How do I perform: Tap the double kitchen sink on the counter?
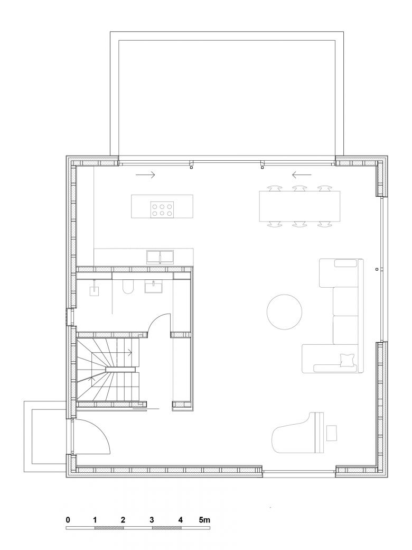[160, 256]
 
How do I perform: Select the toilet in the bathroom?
[128, 286]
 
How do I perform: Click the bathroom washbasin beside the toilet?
[154, 286]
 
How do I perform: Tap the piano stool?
[331, 433]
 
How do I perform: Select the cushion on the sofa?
[347, 360]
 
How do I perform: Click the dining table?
[299, 206]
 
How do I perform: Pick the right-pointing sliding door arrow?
[145, 175]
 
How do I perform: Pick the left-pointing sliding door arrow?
[302, 175]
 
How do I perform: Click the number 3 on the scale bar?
[152, 520]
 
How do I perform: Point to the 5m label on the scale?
[204, 520]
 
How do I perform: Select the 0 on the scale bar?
[68, 520]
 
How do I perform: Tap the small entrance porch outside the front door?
[45, 436]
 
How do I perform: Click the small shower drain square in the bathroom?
[95, 291]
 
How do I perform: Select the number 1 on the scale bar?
[95, 520]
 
